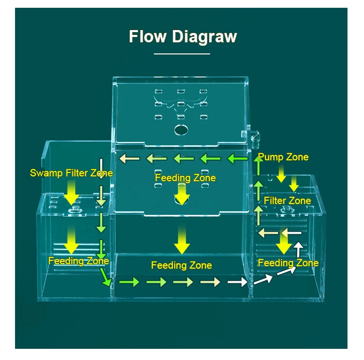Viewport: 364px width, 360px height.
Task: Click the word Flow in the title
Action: pos(145,36)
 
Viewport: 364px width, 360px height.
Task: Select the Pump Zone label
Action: pos(283,157)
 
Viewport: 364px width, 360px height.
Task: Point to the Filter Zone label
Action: pos(287,200)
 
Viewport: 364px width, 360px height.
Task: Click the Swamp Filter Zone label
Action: pos(71,173)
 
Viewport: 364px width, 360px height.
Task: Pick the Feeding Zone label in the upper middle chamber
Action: pos(185,178)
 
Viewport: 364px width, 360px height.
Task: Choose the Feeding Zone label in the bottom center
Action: pos(182,265)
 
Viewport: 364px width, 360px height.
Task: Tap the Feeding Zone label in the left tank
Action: pos(78,261)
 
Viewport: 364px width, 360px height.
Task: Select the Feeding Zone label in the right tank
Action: pos(288,263)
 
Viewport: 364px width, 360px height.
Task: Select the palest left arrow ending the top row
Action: pos(128,158)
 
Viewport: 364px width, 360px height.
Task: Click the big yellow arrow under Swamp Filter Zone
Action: pos(72,192)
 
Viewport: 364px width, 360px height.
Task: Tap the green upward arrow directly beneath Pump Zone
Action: pos(259,168)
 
